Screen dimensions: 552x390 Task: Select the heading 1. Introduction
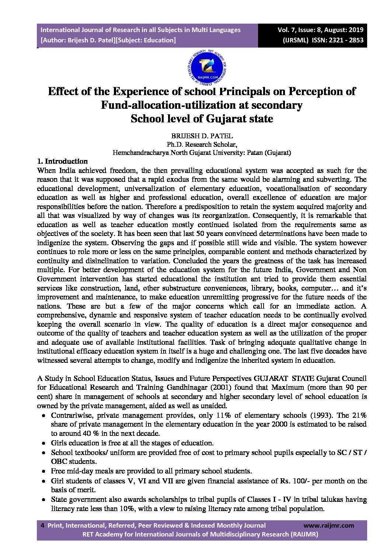coord(63,162)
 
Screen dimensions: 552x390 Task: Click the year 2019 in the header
coord(355,30)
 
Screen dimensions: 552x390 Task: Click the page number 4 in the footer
coord(42,525)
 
